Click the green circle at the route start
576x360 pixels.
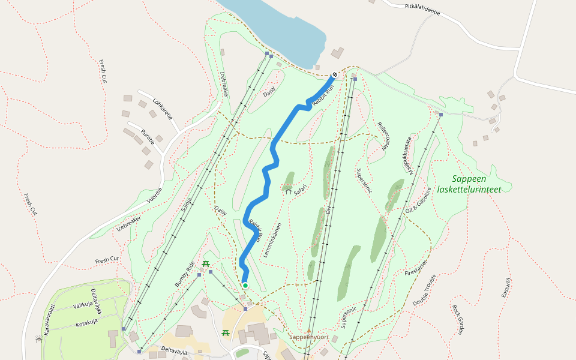click(x=245, y=285)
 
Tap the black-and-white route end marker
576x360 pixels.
click(x=334, y=74)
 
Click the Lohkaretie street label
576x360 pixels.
click(x=163, y=109)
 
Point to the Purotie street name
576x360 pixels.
click(x=148, y=137)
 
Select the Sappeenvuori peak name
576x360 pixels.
click(x=308, y=337)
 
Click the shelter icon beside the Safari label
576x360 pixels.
click(x=288, y=191)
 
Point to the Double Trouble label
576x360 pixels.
click(x=424, y=291)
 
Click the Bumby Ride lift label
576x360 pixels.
click(x=185, y=274)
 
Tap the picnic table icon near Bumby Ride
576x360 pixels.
click(x=206, y=264)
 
